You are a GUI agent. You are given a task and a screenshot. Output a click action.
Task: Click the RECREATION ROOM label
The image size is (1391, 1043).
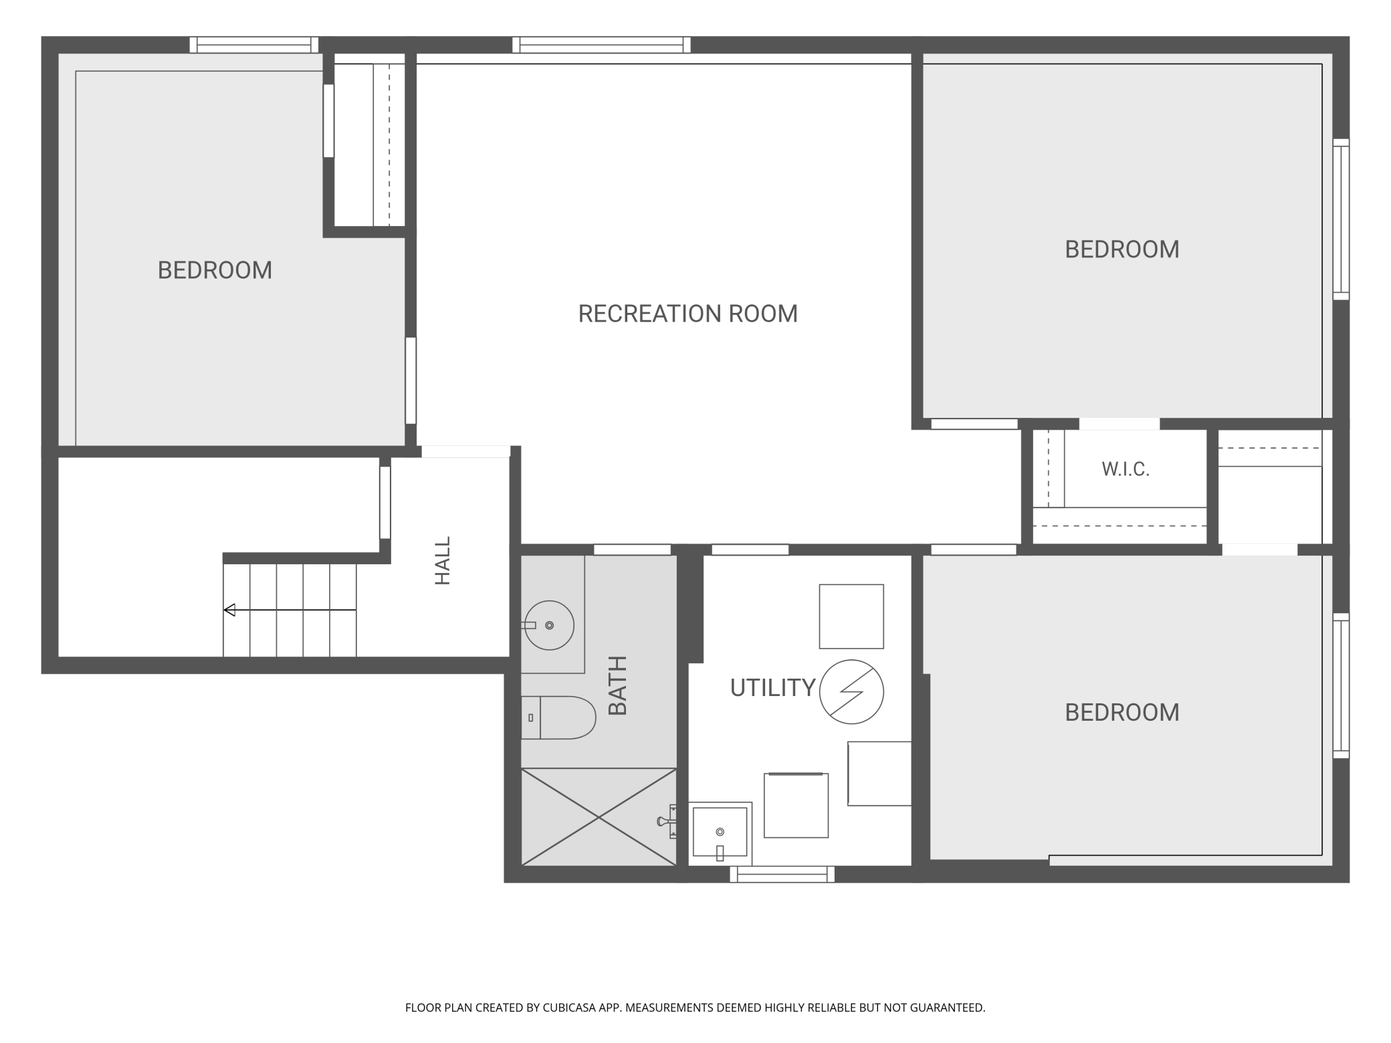click(687, 314)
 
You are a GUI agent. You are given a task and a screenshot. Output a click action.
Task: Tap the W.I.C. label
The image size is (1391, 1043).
click(1126, 469)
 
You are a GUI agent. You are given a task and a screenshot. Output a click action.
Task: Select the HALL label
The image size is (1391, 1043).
click(443, 560)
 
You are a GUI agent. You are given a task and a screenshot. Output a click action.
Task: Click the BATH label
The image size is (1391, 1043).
click(617, 685)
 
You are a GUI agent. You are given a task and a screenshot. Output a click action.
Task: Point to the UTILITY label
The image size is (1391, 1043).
click(772, 688)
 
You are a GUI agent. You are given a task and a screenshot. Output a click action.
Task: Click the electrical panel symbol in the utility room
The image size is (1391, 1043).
click(851, 692)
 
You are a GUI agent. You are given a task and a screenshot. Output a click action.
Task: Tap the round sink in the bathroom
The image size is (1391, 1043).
click(549, 625)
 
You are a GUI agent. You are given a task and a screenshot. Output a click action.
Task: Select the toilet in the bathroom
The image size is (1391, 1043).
click(558, 717)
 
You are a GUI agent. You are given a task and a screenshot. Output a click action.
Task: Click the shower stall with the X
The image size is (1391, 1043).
click(599, 817)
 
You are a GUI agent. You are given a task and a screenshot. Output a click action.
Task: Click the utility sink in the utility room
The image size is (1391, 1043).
click(720, 832)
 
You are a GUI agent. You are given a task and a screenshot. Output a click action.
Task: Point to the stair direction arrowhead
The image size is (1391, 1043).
click(229, 610)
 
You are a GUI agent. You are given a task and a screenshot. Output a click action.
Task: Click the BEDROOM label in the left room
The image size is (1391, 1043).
click(215, 270)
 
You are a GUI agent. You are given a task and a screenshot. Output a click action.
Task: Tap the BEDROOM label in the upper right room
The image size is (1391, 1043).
click(1122, 249)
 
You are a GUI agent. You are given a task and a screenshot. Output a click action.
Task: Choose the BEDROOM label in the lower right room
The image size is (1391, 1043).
click(1122, 713)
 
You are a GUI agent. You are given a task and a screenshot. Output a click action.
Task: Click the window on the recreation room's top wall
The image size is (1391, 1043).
click(601, 45)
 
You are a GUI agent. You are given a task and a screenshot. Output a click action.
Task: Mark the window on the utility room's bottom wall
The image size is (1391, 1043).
click(782, 874)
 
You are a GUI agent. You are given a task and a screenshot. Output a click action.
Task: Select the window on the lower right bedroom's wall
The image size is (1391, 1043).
click(1341, 685)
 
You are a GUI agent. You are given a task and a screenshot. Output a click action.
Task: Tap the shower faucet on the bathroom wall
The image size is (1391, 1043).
click(667, 821)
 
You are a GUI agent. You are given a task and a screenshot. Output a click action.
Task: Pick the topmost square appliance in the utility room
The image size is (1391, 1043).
click(851, 616)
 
